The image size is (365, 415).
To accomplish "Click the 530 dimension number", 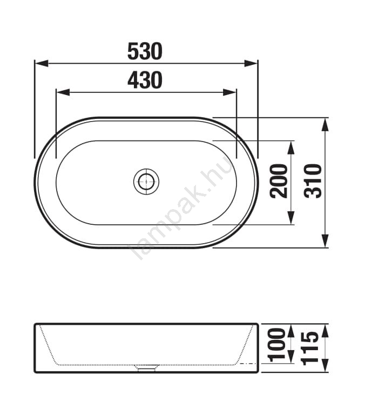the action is tap(145, 51).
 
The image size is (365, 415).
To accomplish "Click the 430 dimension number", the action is tap(145, 80).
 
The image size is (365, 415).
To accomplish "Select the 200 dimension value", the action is tap(279, 181).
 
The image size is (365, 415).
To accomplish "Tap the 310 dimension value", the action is tap(313, 181).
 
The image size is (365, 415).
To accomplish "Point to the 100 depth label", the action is tap(277, 345).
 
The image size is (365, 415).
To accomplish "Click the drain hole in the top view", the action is tap(146, 182).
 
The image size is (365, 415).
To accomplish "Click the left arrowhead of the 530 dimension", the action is tap(42, 64).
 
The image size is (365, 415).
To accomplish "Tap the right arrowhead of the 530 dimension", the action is tap(251, 64).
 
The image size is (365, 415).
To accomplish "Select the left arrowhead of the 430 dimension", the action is tap(63, 92).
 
